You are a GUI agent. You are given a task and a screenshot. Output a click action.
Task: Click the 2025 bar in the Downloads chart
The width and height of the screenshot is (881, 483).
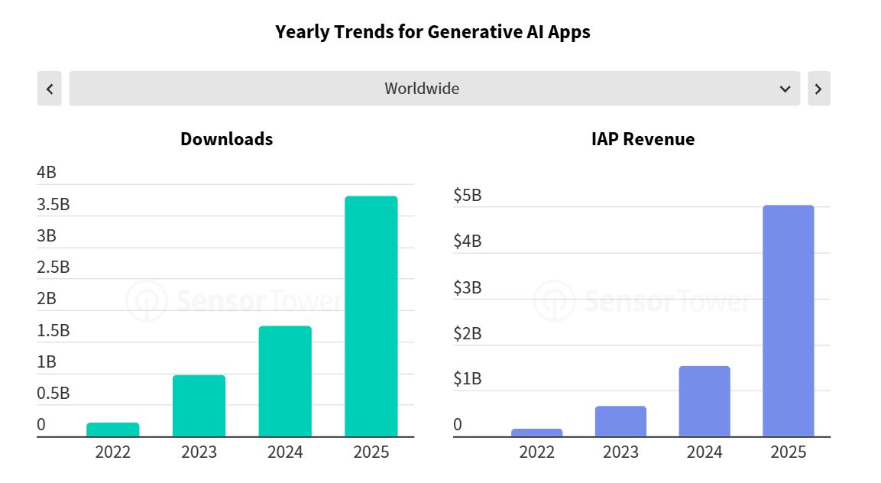[371, 316]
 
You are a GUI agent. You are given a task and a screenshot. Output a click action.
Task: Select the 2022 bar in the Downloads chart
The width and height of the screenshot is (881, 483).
[113, 430]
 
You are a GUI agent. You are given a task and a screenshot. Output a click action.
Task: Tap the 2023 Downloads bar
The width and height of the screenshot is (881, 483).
[199, 406]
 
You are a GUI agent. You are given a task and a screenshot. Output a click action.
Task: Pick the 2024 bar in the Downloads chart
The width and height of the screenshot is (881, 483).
[285, 381]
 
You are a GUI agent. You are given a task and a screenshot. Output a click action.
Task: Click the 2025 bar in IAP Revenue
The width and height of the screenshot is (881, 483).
[788, 321]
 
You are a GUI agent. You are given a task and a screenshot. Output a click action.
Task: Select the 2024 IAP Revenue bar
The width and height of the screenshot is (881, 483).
[704, 401]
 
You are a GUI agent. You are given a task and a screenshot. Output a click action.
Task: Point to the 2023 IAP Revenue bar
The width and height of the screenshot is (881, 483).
[620, 421]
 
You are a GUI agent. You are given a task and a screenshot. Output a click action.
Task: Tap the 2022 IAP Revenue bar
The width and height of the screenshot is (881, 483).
[536, 433]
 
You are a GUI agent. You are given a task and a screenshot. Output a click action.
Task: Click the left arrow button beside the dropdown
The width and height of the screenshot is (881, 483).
[49, 89]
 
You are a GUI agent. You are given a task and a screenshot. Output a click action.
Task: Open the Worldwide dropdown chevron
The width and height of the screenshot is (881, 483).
[785, 89]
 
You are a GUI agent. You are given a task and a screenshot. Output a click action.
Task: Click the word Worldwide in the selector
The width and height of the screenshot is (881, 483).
[422, 89]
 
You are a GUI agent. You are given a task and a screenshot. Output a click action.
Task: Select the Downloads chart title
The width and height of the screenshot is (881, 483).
[226, 139]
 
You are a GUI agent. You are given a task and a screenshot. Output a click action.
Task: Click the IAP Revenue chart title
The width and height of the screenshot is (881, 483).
[643, 139]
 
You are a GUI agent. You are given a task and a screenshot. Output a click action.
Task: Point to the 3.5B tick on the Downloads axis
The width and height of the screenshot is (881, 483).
[53, 204]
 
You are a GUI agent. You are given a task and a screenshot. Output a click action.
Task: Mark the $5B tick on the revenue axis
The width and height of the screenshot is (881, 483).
[467, 196]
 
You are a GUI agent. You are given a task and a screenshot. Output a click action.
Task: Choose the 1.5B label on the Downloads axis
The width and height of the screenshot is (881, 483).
[53, 330]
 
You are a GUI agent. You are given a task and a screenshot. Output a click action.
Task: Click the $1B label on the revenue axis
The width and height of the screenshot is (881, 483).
[467, 379]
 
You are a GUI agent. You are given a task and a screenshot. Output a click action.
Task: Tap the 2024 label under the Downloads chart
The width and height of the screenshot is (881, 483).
[285, 452]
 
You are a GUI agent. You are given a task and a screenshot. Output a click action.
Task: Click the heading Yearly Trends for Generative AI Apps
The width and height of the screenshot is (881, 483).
[432, 32]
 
